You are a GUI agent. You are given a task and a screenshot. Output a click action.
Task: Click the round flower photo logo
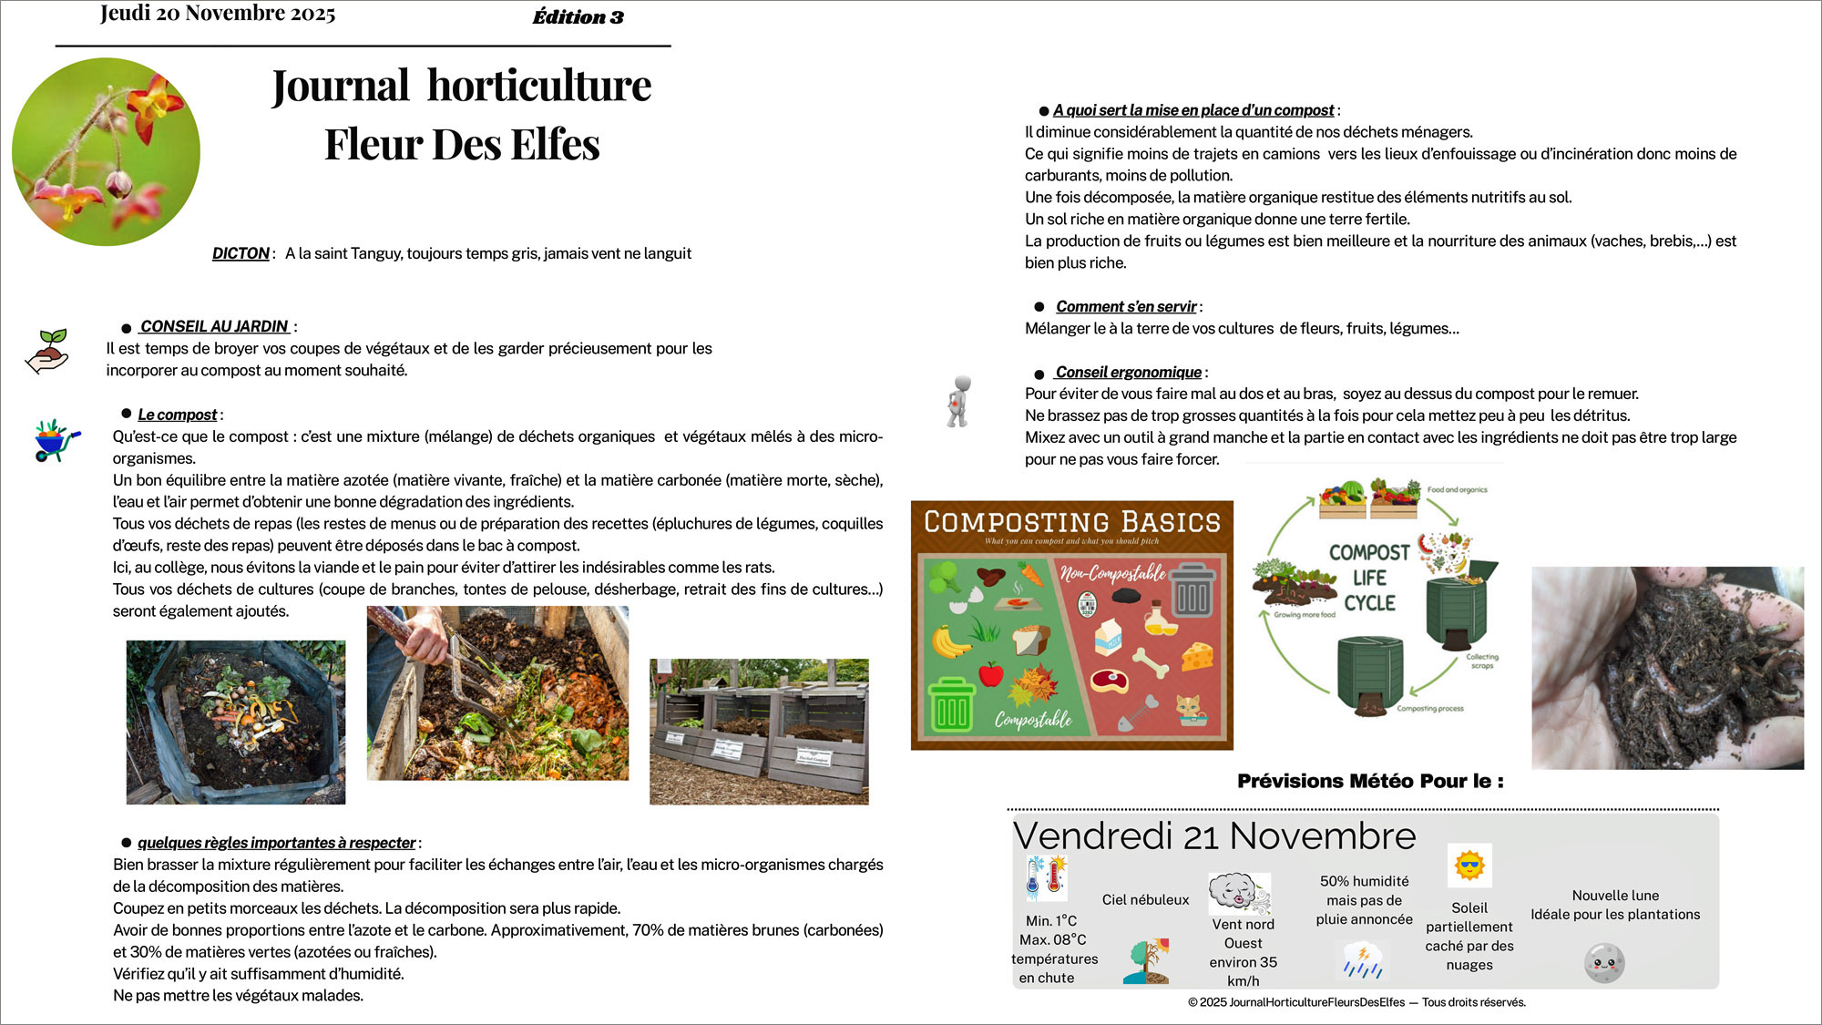[x=106, y=152]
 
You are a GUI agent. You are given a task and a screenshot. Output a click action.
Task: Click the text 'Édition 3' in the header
[x=578, y=17]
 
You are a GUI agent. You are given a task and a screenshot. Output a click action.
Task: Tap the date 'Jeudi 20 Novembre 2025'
[x=218, y=14]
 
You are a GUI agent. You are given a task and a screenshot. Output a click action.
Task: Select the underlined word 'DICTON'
[x=241, y=253]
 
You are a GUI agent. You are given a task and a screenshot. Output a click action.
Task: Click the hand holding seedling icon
[x=48, y=351]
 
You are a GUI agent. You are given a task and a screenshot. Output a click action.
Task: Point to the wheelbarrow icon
[x=56, y=441]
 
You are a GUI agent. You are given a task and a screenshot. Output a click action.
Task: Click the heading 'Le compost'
[x=178, y=415]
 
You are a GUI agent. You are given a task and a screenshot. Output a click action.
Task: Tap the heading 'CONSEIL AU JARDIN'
[x=215, y=326]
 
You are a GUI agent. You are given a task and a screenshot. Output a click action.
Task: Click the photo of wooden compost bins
[x=759, y=732]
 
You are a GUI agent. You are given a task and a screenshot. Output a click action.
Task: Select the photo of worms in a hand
[x=1667, y=668]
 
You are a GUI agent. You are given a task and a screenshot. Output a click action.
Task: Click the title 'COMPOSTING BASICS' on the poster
[x=1072, y=522]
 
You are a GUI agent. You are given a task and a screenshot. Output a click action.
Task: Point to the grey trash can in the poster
[x=1192, y=589]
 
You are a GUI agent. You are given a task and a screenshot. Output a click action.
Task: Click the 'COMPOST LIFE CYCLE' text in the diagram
[x=1369, y=578]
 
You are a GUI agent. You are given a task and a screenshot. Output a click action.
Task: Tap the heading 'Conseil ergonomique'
[x=1129, y=372]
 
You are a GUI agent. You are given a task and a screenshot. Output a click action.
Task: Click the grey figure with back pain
[x=958, y=402]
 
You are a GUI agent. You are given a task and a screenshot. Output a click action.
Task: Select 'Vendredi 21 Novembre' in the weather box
[x=1214, y=835]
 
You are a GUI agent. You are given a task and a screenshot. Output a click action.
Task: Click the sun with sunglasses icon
[x=1469, y=865]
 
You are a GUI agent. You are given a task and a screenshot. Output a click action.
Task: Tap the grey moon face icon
[x=1604, y=963]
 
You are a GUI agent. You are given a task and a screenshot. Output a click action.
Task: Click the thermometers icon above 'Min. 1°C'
[x=1045, y=876]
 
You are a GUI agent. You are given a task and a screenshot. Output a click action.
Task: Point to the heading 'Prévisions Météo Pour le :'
[x=1370, y=781]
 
